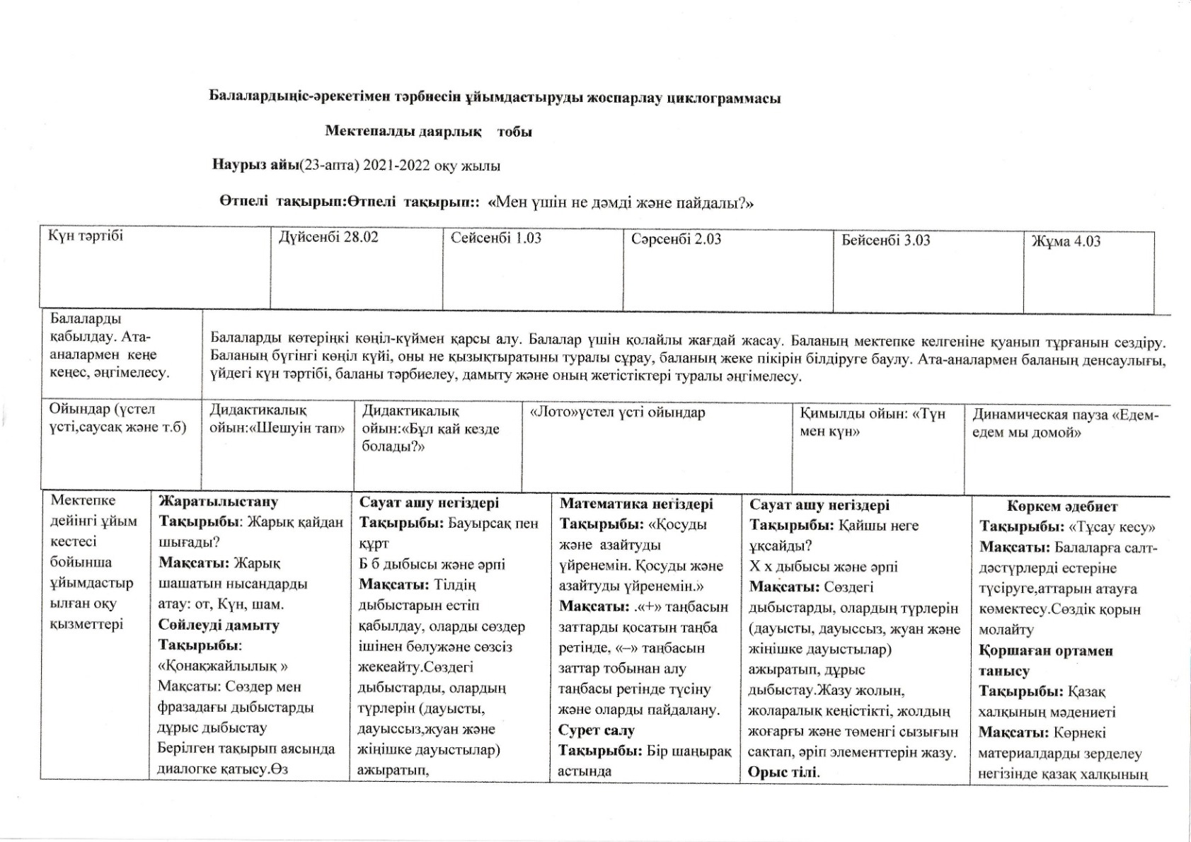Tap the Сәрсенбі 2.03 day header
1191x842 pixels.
point(676,239)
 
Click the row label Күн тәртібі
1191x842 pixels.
point(86,236)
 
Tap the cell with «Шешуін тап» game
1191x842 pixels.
point(277,420)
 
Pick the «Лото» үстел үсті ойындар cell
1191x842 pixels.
point(617,413)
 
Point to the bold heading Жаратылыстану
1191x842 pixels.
point(218,502)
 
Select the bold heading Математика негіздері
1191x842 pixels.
point(636,504)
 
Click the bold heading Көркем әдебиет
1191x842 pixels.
point(1061,507)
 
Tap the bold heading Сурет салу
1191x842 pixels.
point(596,730)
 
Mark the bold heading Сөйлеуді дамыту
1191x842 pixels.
point(219,625)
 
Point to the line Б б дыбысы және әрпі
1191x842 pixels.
point(432,565)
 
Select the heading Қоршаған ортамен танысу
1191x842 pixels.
point(1045,660)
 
